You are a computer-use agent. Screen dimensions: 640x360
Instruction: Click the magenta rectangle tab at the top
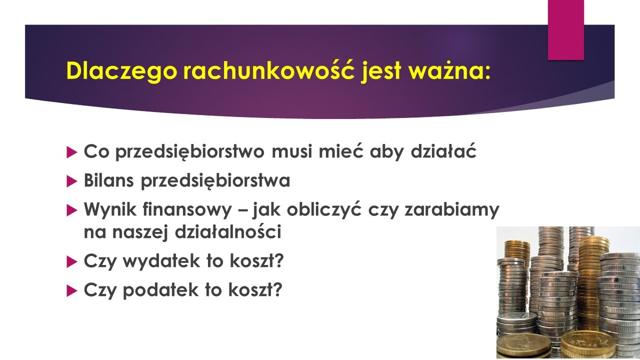566,30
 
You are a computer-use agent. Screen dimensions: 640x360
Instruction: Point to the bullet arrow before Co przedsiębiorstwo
71,153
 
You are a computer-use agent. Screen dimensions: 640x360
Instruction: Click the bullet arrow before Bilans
71,182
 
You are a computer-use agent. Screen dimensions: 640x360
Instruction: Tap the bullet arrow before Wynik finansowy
71,211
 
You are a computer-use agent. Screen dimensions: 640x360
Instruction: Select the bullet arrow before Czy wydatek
71,262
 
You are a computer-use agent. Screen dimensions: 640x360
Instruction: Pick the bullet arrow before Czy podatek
71,291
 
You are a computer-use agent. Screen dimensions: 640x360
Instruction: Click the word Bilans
109,180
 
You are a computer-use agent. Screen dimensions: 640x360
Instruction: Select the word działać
443,151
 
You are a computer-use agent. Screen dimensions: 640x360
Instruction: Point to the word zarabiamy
452,210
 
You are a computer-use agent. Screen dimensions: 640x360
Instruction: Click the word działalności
228,231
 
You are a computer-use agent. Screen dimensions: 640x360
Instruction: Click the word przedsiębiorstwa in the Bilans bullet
215,181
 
